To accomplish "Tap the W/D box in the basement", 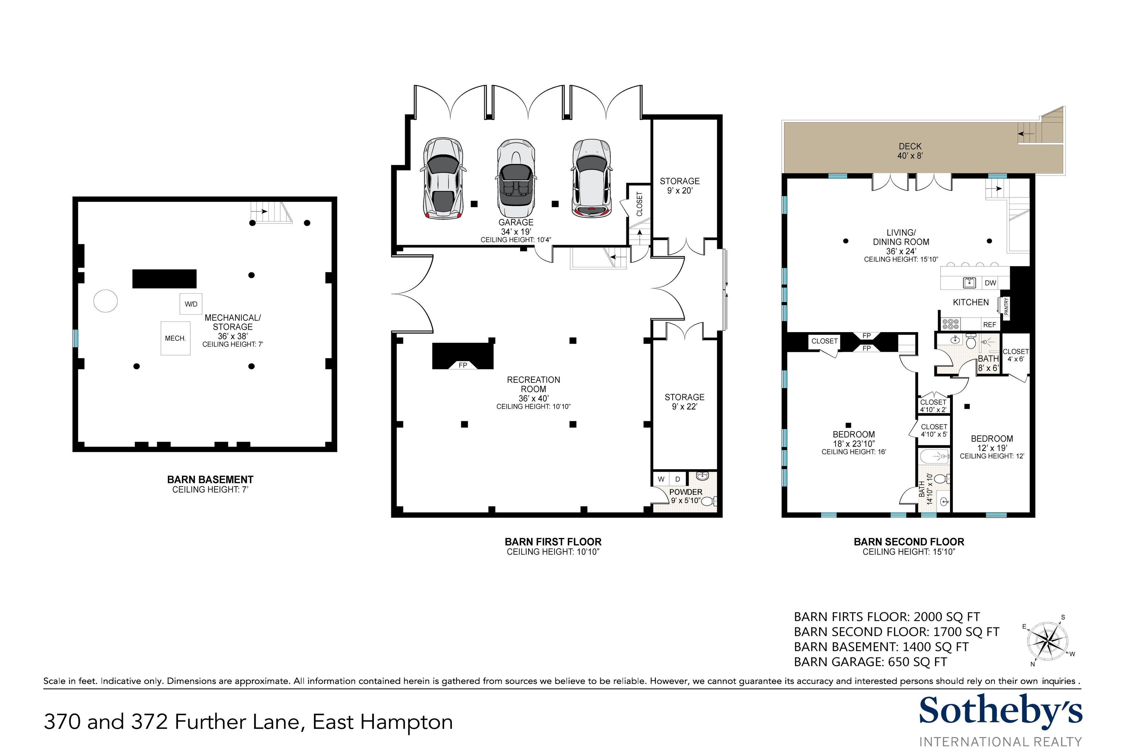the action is pyautogui.click(x=191, y=304).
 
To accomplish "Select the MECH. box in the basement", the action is pyautogui.click(x=175, y=338).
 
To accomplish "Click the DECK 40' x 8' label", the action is pyautogui.click(x=910, y=151).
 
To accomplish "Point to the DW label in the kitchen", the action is pyautogui.click(x=990, y=283).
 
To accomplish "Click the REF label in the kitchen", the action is pyautogui.click(x=990, y=325).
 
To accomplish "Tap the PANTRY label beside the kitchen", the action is pyautogui.click(x=1006, y=306).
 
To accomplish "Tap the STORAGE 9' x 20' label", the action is pyautogui.click(x=680, y=185).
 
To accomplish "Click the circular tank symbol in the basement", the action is pyautogui.click(x=106, y=301).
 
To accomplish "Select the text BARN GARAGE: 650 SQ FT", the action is pyautogui.click(x=870, y=662).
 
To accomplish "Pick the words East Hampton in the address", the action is pyautogui.click(x=383, y=722).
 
